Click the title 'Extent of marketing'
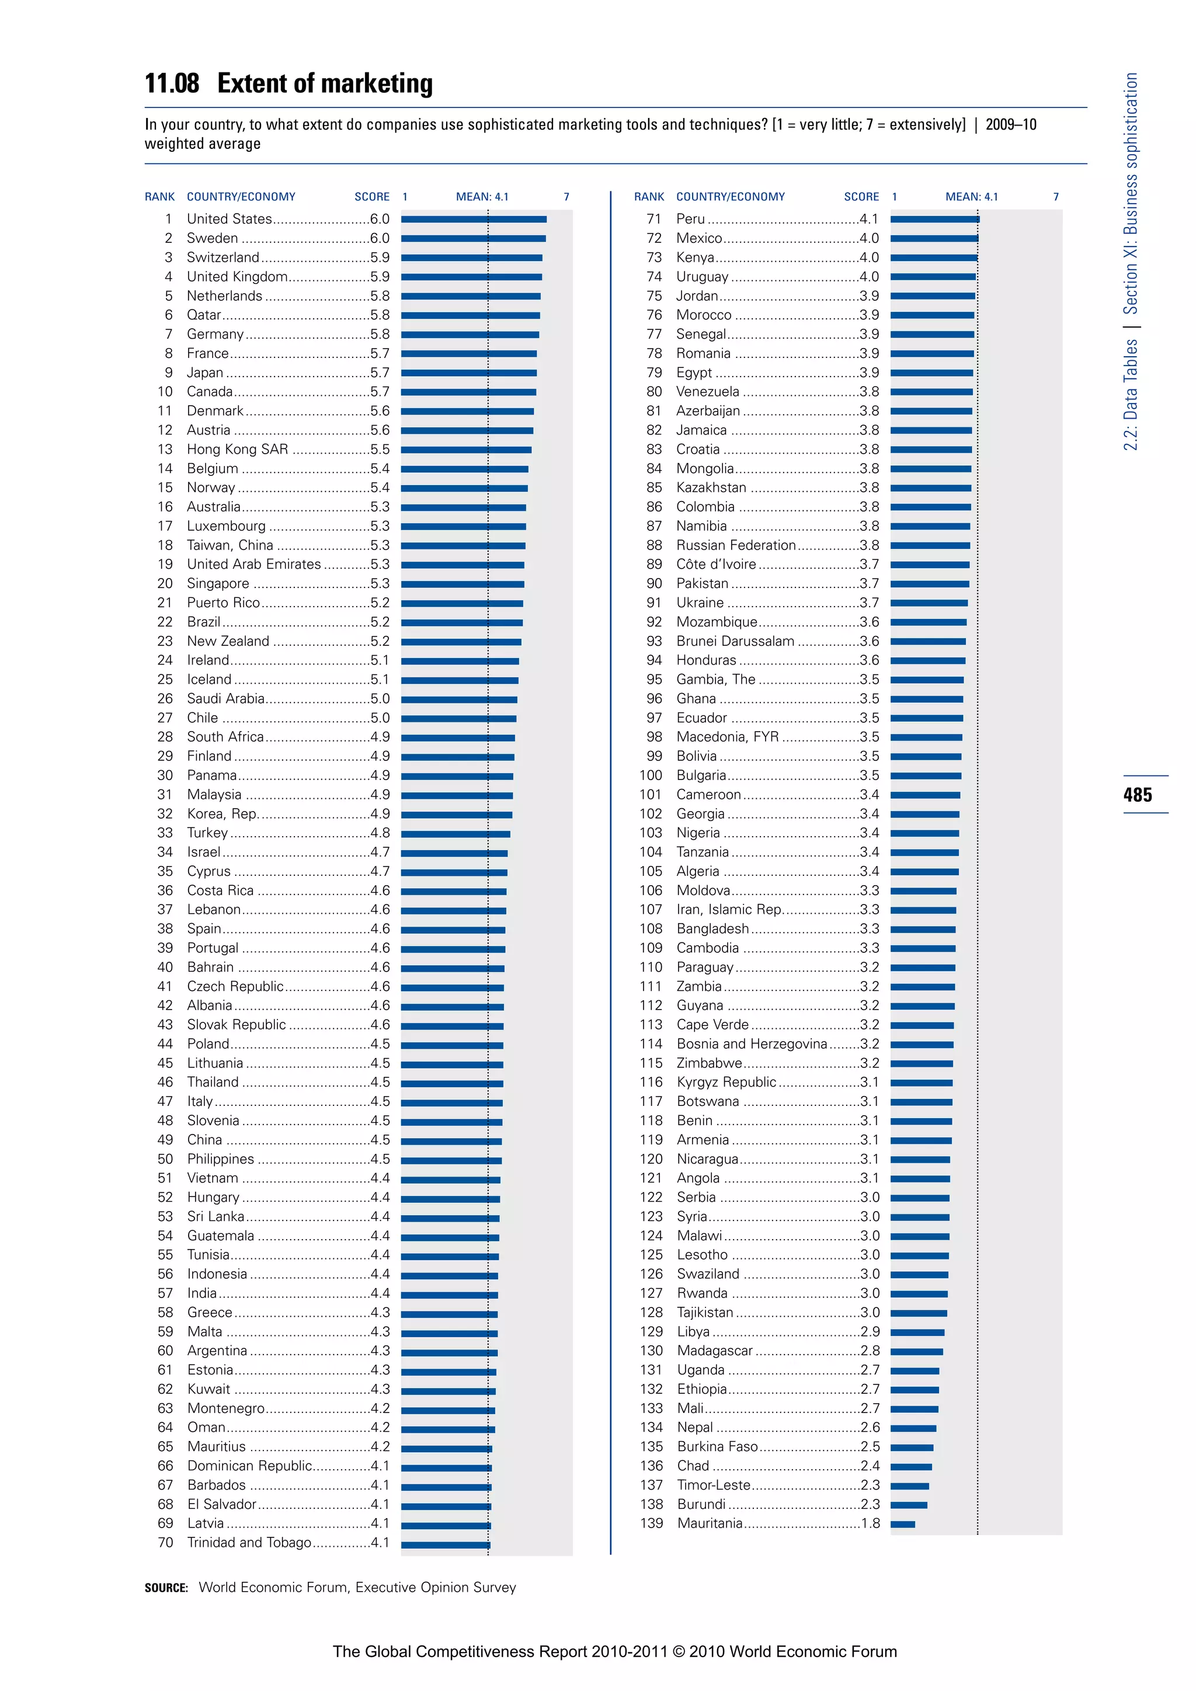click(x=325, y=83)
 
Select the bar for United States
click(x=474, y=220)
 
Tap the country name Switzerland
click(x=222, y=257)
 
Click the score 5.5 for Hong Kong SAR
click(x=380, y=449)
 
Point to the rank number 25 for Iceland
click(x=165, y=679)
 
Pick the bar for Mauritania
click(x=903, y=1525)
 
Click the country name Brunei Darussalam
click(x=735, y=641)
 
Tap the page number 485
click(x=1138, y=795)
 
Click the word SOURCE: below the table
click(x=166, y=1588)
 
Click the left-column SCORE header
click(x=372, y=197)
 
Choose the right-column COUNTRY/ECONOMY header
click(x=731, y=197)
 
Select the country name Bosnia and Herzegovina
click(x=751, y=1043)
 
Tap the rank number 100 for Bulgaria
click(x=651, y=775)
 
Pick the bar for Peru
click(x=934, y=220)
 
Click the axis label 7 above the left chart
click(x=566, y=197)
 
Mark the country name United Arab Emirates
click(x=253, y=564)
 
